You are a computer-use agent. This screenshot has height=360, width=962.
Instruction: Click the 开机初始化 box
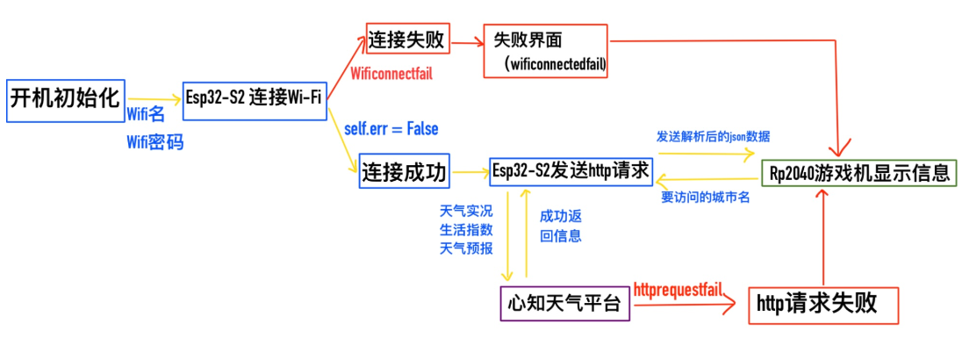point(63,98)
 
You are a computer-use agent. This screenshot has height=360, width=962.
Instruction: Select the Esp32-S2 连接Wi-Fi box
point(253,97)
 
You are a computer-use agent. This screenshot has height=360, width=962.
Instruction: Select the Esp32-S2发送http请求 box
point(571,169)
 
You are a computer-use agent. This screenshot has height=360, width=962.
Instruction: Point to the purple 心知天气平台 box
point(564,304)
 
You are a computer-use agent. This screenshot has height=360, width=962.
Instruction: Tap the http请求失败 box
point(816,304)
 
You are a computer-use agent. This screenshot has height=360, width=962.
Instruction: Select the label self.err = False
point(391,128)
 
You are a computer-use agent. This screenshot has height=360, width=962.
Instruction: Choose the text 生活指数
point(465,229)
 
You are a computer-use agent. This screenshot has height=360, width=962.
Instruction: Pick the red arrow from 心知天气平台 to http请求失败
point(685,304)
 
